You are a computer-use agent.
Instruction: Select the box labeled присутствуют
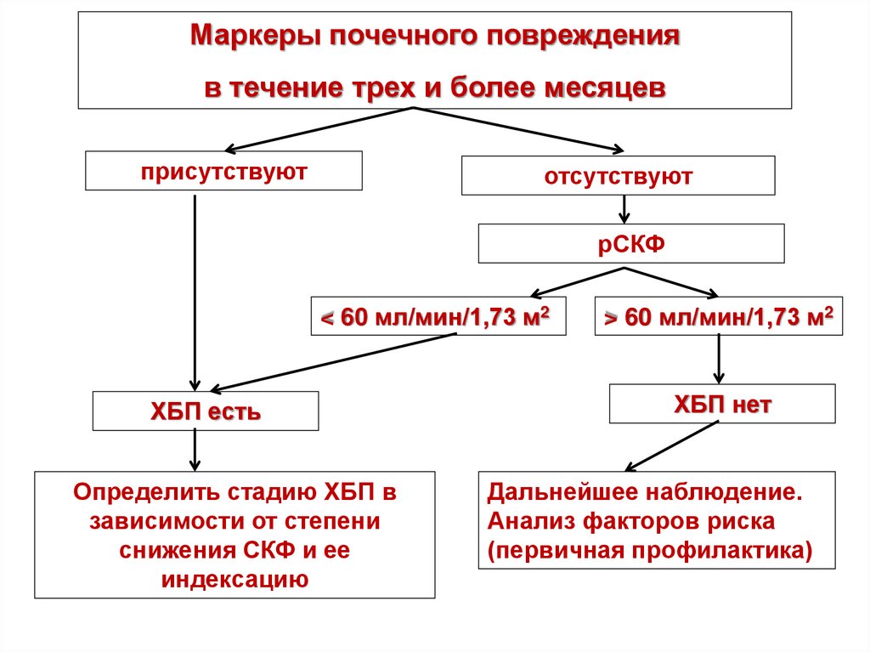224,171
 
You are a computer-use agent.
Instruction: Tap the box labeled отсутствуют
618,177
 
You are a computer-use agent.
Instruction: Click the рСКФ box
630,244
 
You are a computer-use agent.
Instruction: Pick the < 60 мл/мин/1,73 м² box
438,317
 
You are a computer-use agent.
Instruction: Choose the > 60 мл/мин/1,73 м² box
719,317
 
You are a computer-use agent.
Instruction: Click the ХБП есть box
206,411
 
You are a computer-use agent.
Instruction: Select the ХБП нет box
722,404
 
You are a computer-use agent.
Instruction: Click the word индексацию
234,580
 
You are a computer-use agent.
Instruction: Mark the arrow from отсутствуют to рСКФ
624,210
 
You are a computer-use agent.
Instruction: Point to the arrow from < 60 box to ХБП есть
331,361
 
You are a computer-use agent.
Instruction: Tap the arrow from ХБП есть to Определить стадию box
196,450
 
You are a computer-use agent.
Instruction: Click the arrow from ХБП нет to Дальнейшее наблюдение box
671,446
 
